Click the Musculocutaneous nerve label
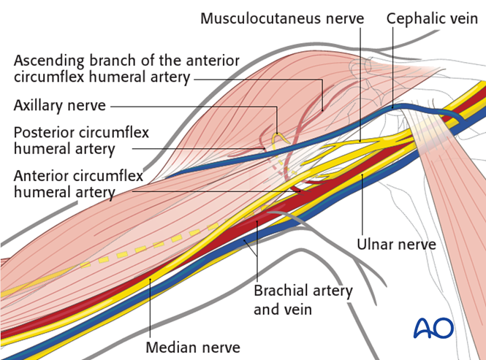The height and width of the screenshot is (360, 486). click(x=281, y=18)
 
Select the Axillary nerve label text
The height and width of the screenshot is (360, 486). click(x=60, y=106)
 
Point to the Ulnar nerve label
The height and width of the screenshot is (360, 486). click(x=396, y=244)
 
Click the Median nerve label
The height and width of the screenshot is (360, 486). click(x=193, y=347)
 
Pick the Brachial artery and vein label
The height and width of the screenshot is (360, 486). click(x=303, y=299)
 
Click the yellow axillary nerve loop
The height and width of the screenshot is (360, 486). click(x=278, y=137)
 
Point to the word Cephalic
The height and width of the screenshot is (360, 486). click(x=417, y=18)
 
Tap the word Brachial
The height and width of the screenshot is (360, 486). click(x=279, y=291)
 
